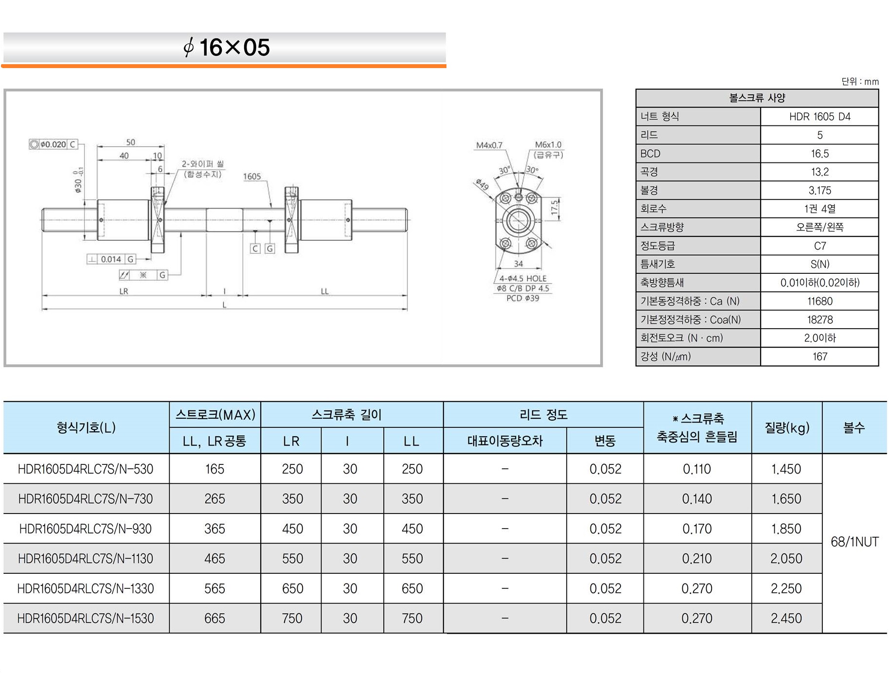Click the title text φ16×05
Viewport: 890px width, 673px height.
tap(227, 47)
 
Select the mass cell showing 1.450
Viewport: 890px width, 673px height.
tap(786, 469)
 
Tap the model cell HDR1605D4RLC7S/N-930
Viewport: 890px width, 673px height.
tap(86, 529)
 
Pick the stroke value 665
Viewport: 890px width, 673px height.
tap(214, 618)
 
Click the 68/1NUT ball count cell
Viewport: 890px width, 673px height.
tap(854, 542)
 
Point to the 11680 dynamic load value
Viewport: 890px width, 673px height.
tap(820, 301)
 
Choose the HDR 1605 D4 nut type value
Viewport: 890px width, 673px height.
tap(820, 117)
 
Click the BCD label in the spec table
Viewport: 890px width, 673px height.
tap(650, 154)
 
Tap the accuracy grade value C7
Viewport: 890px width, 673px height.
tap(820, 246)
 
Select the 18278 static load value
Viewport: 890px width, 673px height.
tap(820, 319)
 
